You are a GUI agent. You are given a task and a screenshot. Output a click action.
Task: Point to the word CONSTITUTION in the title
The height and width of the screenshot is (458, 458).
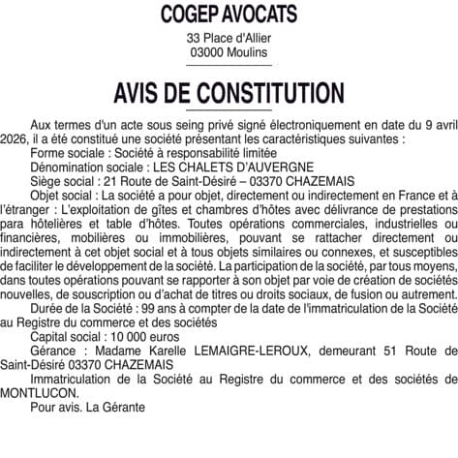click(x=267, y=94)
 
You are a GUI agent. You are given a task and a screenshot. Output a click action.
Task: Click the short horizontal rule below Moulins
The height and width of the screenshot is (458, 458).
click(x=229, y=66)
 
